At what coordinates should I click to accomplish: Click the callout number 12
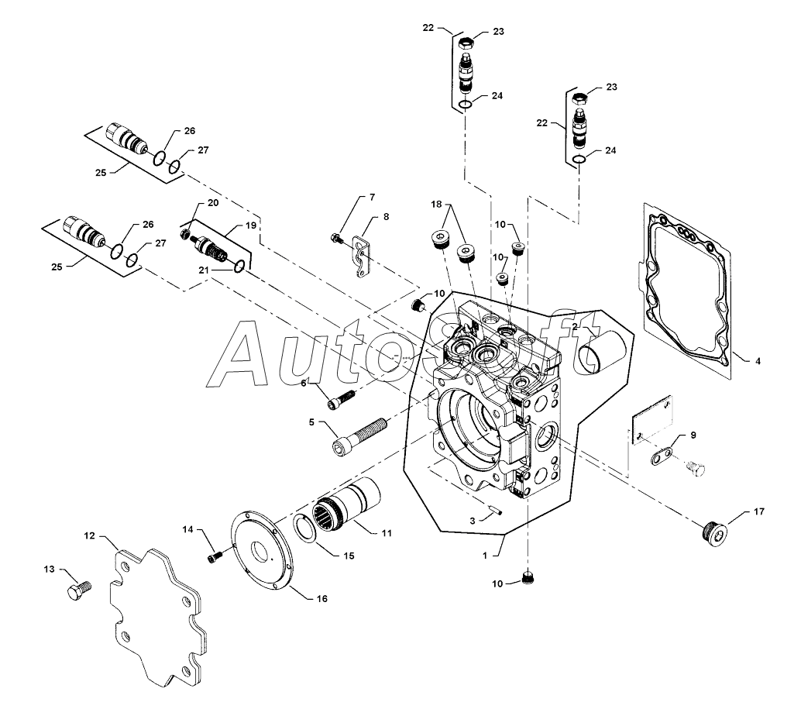[89, 536]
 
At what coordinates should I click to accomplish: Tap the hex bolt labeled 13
[79, 590]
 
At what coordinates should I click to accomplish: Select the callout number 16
[321, 599]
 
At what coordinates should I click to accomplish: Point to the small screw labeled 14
[215, 556]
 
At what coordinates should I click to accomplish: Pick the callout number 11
[387, 533]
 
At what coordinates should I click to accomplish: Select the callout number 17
[759, 511]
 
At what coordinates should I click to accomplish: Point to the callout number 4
[758, 361]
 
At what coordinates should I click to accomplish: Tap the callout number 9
[693, 435]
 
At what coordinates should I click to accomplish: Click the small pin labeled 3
[496, 510]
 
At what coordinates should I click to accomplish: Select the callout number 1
[485, 556]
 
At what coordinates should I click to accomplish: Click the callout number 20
[213, 203]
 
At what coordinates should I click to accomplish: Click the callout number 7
[373, 197]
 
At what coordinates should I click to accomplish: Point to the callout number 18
[436, 205]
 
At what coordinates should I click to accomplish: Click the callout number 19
[251, 225]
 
